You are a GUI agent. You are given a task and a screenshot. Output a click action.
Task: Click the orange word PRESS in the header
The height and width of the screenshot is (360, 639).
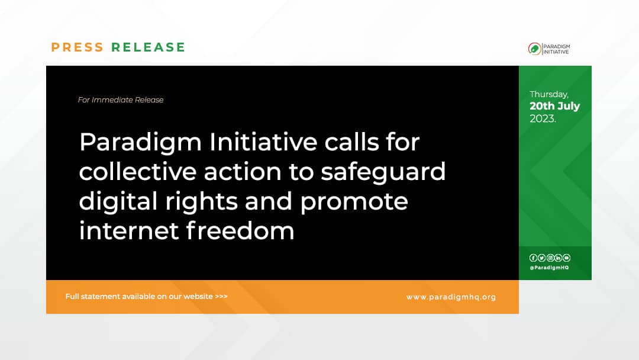(77, 47)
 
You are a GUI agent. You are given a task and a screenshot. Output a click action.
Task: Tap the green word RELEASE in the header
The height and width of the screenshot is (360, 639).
(149, 47)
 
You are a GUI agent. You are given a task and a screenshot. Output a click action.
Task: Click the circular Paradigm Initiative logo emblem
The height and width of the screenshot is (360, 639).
(534, 49)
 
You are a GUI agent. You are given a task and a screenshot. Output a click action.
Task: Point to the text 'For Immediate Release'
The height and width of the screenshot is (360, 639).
(121, 100)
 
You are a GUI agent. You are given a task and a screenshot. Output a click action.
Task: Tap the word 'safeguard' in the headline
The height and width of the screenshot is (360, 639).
(383, 172)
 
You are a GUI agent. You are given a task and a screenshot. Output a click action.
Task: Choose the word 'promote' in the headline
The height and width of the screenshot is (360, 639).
(354, 201)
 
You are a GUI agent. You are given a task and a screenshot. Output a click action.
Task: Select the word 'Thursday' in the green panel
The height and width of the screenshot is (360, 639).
(549, 94)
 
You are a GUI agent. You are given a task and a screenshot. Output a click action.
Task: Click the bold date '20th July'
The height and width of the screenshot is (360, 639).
(554, 106)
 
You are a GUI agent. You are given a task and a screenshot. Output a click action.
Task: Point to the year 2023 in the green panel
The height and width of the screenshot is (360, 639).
(542, 118)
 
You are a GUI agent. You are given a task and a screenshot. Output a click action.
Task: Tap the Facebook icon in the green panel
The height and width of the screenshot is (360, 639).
(533, 258)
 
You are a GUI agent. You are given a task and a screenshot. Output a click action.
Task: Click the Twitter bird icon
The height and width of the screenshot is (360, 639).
(541, 258)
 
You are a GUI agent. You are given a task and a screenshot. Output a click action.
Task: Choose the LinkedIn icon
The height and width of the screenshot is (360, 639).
(558, 258)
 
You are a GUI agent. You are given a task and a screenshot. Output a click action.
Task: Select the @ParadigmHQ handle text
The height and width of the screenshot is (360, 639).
(549, 268)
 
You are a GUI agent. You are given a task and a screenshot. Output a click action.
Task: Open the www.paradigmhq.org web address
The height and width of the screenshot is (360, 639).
(451, 297)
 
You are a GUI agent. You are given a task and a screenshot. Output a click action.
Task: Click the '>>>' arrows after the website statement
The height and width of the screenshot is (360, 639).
(221, 297)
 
